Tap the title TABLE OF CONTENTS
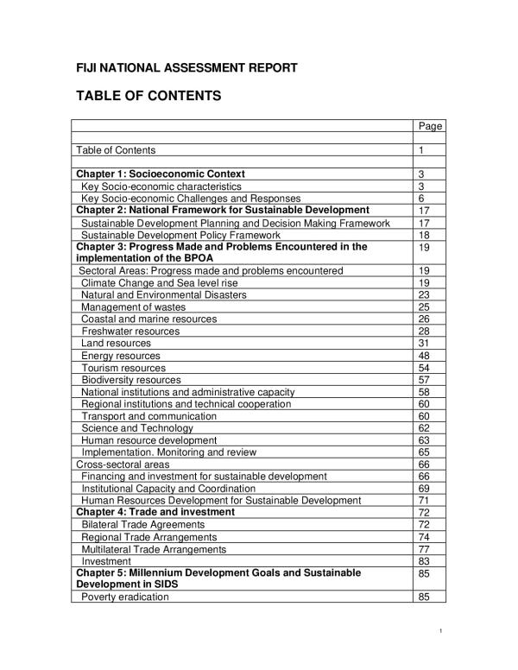point(149,96)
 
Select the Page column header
point(429,126)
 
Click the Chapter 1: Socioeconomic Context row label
point(161,174)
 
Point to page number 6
point(422,198)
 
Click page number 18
point(424,234)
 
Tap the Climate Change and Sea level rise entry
point(159,282)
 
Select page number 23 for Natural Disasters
point(424,294)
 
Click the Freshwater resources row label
point(130,331)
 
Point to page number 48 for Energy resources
point(424,355)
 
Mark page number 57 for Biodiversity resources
point(424,379)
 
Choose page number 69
point(424,488)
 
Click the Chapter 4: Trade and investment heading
point(155,512)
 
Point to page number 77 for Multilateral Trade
point(424,548)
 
